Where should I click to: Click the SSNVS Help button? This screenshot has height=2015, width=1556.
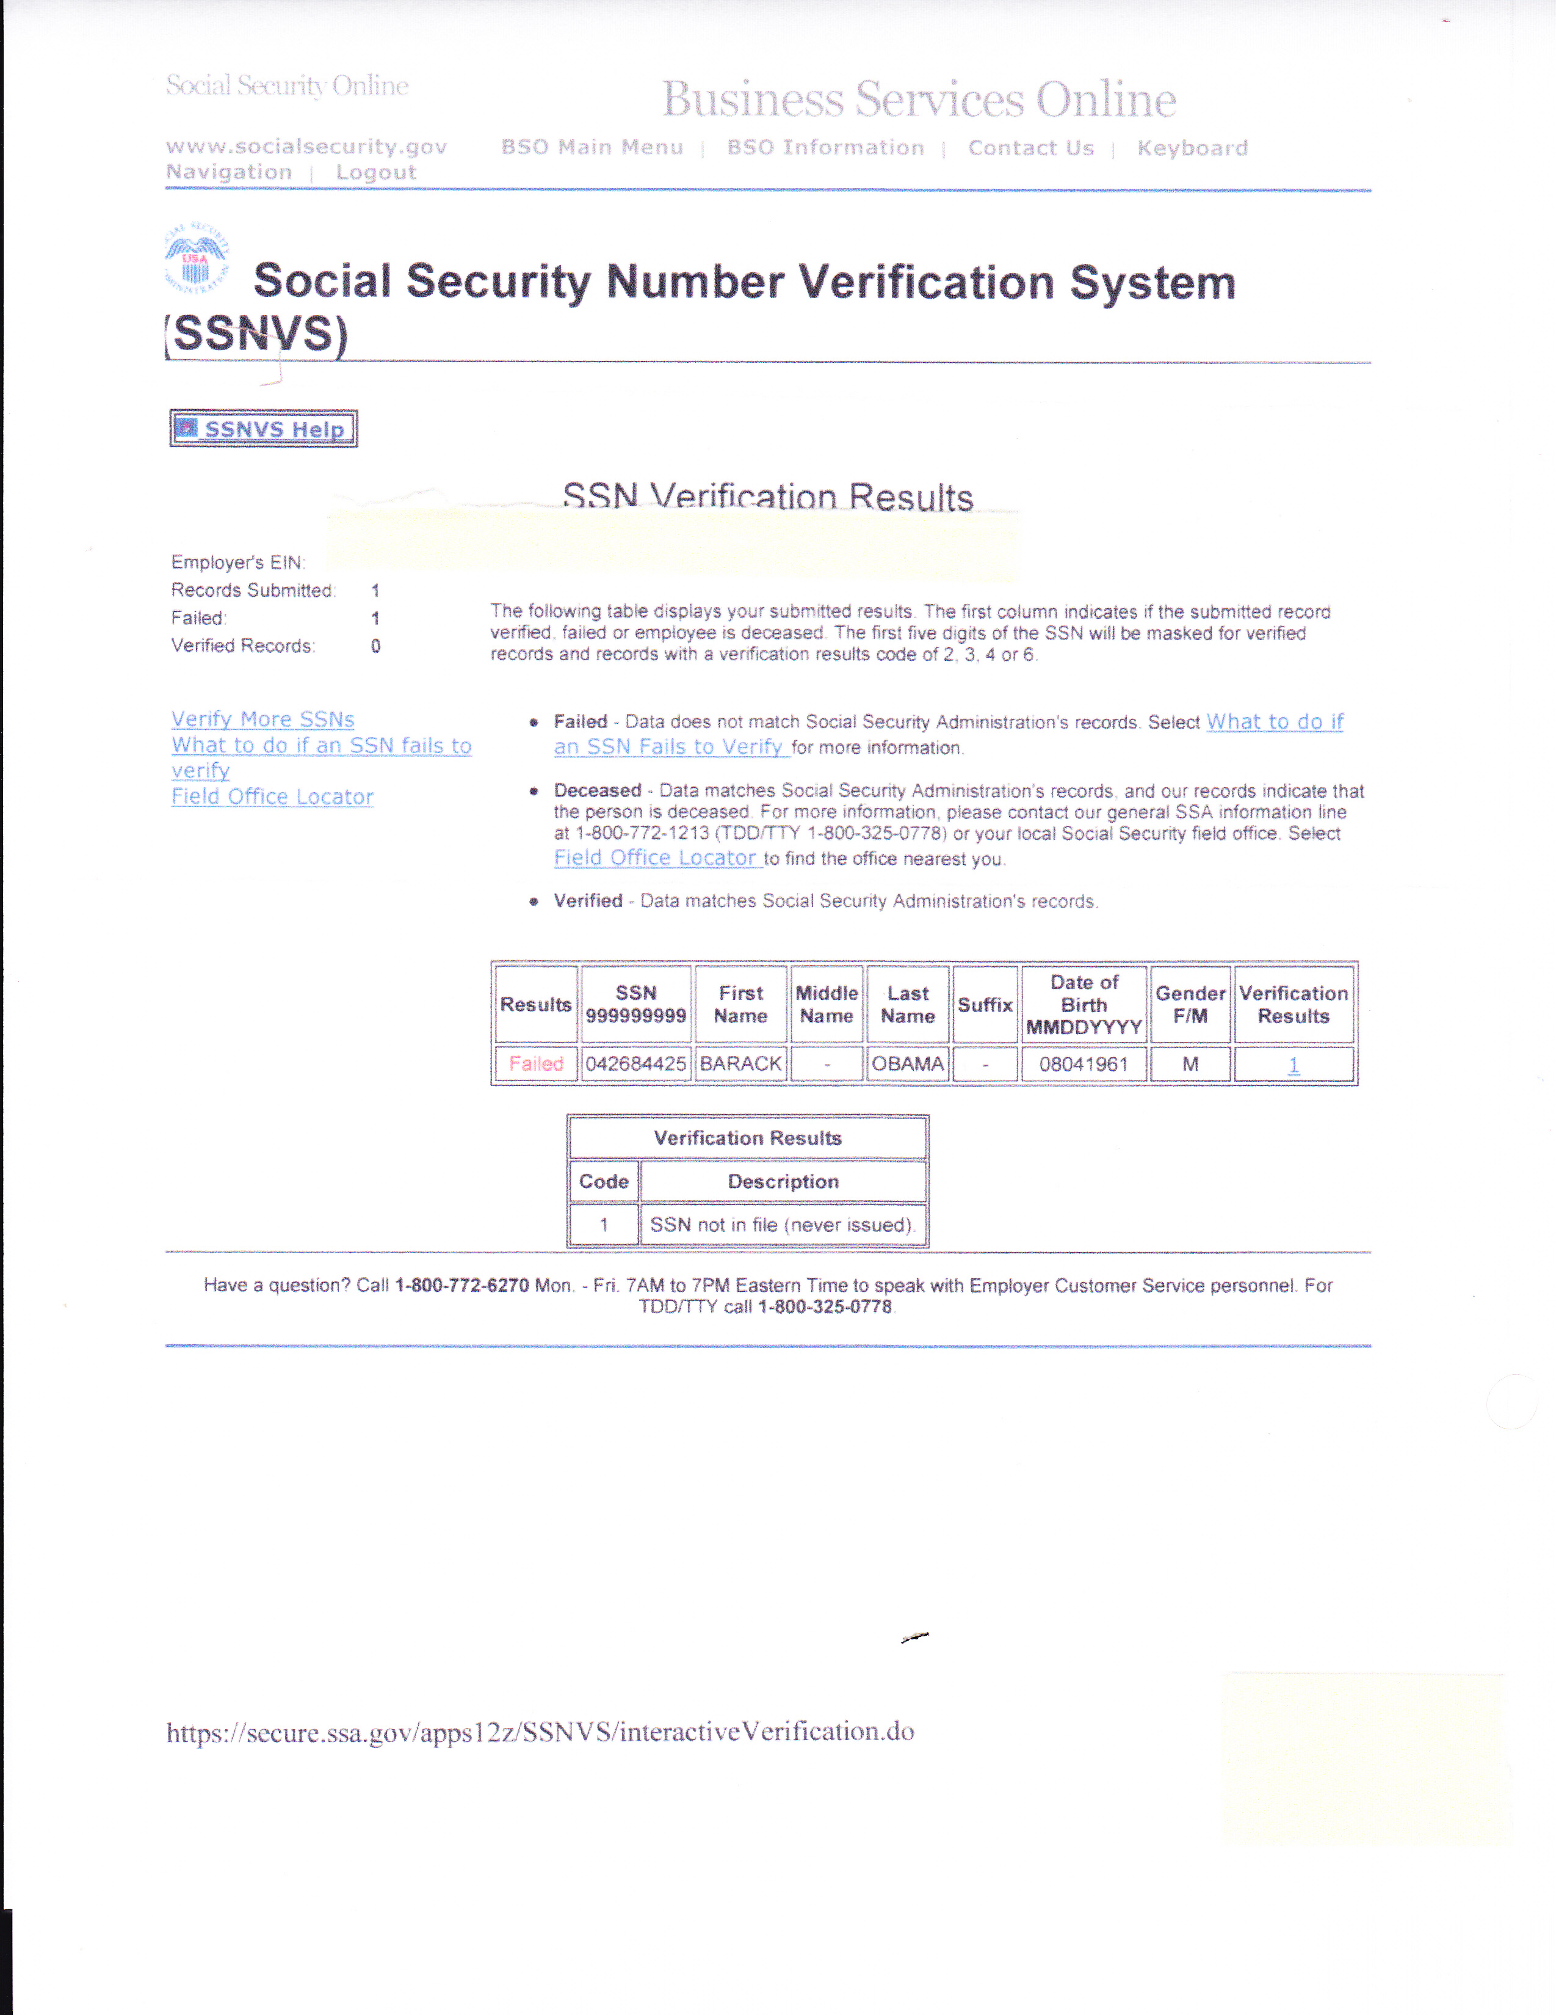point(264,429)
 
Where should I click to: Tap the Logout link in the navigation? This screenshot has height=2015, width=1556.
point(375,172)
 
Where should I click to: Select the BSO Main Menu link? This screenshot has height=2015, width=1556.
point(592,148)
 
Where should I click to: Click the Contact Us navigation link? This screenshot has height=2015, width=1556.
point(1030,148)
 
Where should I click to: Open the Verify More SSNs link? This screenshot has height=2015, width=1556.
point(263,720)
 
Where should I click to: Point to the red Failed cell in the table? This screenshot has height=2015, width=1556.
point(536,1064)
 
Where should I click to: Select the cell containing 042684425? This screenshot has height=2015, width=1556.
point(635,1064)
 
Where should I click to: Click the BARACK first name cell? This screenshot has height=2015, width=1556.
point(740,1064)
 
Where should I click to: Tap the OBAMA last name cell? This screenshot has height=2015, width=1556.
point(908,1064)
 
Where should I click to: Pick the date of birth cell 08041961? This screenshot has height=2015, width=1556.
point(1084,1064)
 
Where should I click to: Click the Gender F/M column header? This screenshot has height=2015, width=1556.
point(1190,1005)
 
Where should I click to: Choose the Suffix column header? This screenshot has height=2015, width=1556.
point(985,1005)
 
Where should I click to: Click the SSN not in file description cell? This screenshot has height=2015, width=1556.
point(782,1225)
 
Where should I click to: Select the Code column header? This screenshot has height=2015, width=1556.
point(604,1182)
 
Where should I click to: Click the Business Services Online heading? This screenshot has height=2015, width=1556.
point(919,100)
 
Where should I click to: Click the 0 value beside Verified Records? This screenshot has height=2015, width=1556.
point(375,646)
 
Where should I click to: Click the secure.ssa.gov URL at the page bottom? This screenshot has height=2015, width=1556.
point(540,1732)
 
